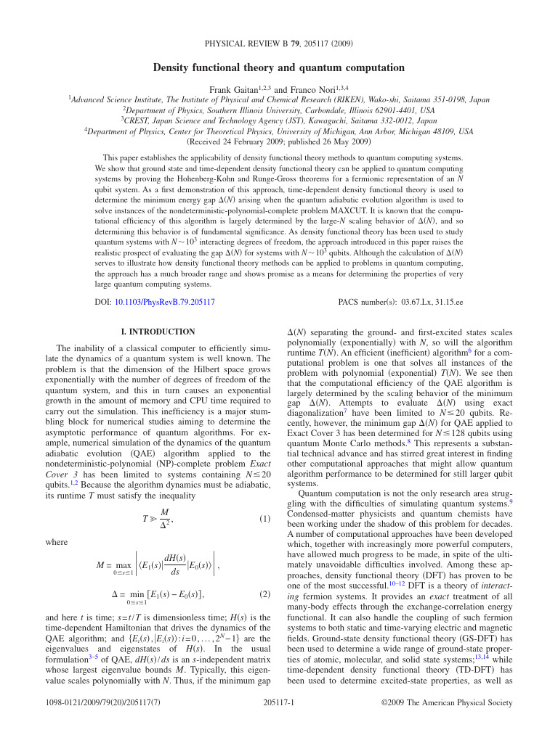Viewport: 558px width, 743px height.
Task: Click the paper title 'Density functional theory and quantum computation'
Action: pyautogui.click(x=278, y=67)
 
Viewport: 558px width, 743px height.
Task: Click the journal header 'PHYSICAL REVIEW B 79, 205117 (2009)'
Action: pyautogui.click(x=279, y=44)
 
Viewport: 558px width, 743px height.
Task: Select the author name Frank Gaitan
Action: pyautogui.click(x=232, y=89)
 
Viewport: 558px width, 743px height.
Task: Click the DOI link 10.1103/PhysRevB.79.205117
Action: pyautogui.click(x=164, y=301)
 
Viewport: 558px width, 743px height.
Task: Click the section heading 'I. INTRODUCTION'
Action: pyautogui.click(x=157, y=332)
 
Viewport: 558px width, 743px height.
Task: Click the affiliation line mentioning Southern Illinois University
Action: pyautogui.click(x=279, y=110)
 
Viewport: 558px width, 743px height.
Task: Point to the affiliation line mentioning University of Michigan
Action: pyautogui.click(x=279, y=131)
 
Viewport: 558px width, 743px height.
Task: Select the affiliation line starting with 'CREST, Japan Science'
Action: pyautogui.click(x=279, y=121)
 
